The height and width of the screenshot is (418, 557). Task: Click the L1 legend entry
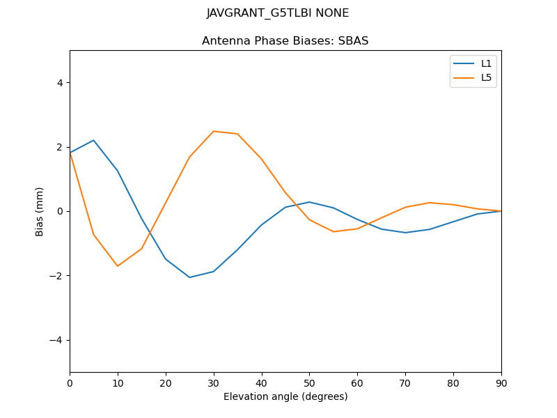[486, 63]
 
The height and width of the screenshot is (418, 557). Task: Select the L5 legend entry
[486, 77]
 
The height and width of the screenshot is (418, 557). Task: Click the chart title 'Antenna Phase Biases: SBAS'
[285, 41]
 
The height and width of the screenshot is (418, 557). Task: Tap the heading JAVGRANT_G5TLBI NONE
[278, 13]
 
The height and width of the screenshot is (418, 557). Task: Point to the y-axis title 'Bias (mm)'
[40, 211]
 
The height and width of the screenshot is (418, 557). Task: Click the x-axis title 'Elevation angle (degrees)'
[285, 396]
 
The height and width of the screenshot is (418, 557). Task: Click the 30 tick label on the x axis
[214, 382]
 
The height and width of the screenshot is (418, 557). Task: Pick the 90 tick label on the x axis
[501, 382]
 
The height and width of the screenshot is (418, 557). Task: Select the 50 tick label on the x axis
[310, 382]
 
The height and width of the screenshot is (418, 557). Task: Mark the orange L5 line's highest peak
[214, 131]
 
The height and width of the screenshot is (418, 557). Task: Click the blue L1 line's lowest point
[189, 277]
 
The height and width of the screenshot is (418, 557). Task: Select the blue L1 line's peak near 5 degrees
[93, 140]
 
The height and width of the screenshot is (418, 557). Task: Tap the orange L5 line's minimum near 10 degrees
[118, 266]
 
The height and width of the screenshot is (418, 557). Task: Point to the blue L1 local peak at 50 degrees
[309, 202]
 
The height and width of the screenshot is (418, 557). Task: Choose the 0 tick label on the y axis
[60, 211]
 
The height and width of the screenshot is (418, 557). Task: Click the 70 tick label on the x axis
[405, 382]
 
